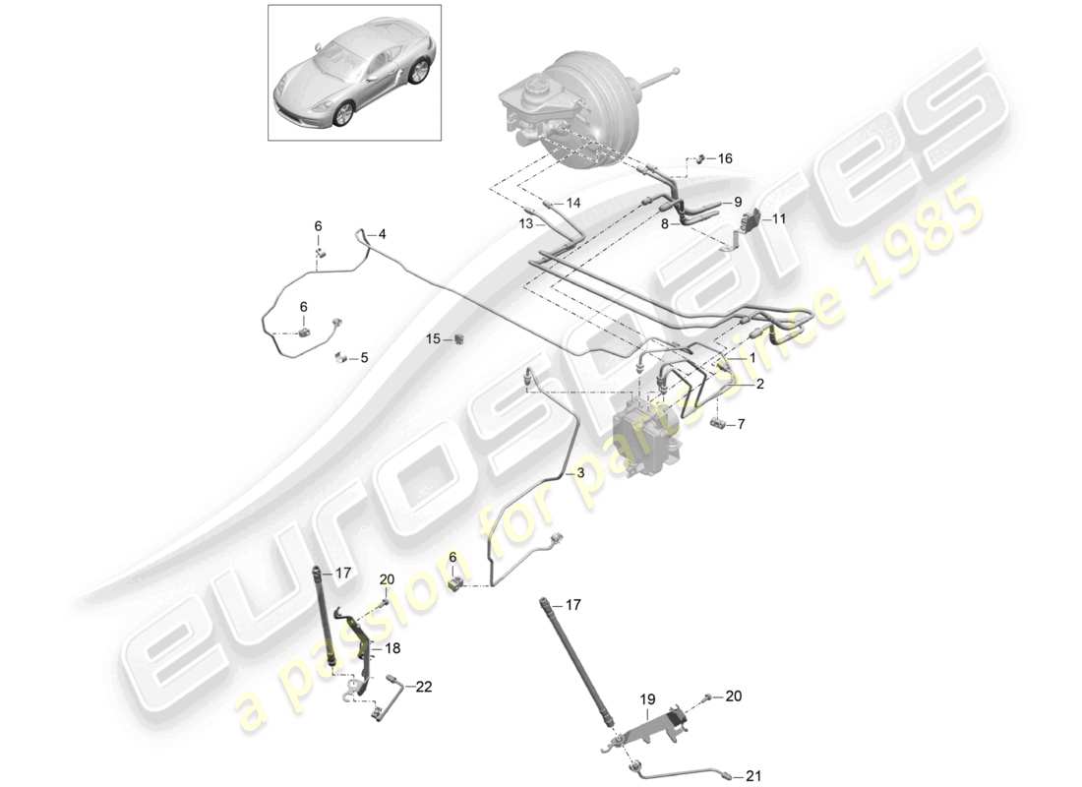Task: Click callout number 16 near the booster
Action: (x=725, y=158)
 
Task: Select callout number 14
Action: (x=573, y=204)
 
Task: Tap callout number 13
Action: (x=526, y=224)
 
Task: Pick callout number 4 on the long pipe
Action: (x=382, y=234)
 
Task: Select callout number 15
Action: (x=433, y=338)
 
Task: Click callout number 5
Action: (x=364, y=358)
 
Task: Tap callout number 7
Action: (x=742, y=424)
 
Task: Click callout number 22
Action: (x=424, y=688)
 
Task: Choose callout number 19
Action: (x=648, y=701)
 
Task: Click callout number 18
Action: (x=392, y=648)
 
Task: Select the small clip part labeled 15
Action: (x=459, y=339)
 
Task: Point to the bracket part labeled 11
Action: (x=755, y=220)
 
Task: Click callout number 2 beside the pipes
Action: (x=759, y=387)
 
